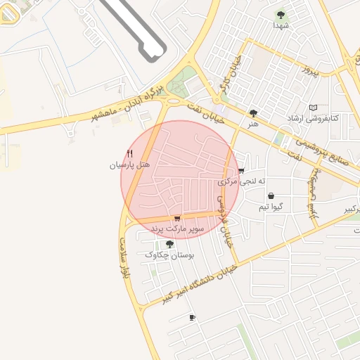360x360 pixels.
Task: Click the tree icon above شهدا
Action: coord(281,14)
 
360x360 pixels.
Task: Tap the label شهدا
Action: coord(281,25)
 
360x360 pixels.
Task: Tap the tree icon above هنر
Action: coord(253,112)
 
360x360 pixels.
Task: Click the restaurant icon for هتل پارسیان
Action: coord(129,153)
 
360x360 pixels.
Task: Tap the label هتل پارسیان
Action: coord(129,165)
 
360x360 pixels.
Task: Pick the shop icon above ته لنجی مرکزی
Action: coord(241,171)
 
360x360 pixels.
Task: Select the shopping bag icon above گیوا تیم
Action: coord(271,196)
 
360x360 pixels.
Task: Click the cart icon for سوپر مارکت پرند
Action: coord(176,218)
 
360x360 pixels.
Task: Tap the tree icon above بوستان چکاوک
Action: coord(169,244)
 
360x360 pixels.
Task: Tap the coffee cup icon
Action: coord(192,318)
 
